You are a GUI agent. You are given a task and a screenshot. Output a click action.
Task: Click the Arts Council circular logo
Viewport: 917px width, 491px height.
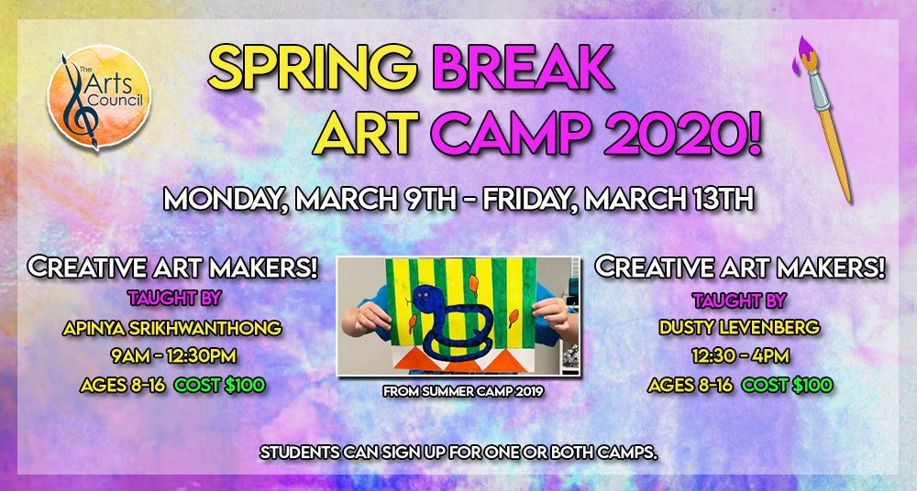tap(99, 96)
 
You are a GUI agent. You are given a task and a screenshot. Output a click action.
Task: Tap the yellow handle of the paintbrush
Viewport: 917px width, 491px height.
tap(838, 155)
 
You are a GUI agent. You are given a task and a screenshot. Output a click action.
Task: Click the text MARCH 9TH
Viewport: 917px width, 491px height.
tap(375, 200)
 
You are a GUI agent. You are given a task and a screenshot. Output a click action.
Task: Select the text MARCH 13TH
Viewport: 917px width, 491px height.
tap(668, 200)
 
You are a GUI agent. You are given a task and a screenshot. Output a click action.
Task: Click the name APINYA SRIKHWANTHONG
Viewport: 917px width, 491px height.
tap(172, 329)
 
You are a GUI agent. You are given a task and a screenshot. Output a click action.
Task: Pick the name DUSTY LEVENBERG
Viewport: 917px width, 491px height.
tap(739, 328)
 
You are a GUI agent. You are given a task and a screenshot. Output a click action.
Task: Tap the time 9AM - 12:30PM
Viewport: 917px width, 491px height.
tap(173, 356)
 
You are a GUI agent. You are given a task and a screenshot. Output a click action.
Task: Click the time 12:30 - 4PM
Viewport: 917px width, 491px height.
tap(740, 355)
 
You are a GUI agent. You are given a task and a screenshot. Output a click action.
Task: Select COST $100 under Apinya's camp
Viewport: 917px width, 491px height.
tap(220, 386)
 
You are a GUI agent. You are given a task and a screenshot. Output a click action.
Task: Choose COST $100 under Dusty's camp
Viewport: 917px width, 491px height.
tap(787, 386)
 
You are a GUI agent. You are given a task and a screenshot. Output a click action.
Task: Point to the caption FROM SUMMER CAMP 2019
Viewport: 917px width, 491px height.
tap(463, 392)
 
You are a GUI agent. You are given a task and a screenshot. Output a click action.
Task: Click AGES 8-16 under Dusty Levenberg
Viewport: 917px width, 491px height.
tap(691, 386)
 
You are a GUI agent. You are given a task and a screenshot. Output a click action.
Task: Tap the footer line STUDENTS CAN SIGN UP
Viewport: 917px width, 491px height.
tap(459, 453)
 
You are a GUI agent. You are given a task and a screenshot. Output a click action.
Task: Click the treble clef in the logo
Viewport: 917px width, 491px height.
tap(76, 99)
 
